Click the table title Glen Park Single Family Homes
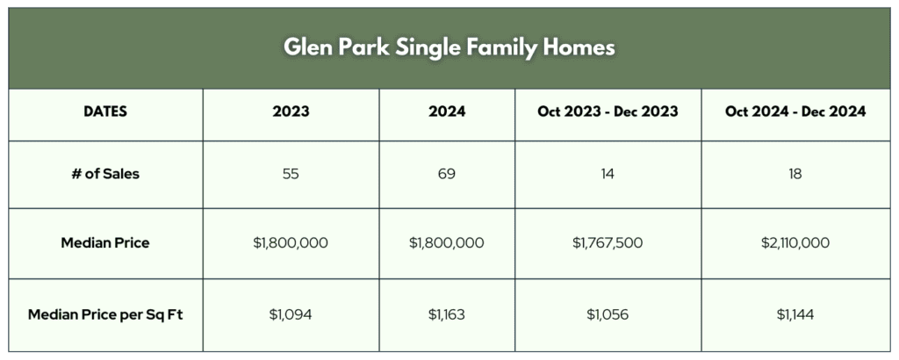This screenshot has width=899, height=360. [x=449, y=47]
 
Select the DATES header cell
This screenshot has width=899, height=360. [x=105, y=112]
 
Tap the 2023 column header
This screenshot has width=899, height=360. [x=291, y=112]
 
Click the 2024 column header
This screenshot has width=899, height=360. [x=447, y=112]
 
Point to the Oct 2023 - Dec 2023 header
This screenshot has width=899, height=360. [x=608, y=112]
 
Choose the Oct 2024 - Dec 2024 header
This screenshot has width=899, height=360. [x=795, y=112]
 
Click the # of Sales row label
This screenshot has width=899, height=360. [x=105, y=174]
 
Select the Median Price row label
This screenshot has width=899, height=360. [x=105, y=242]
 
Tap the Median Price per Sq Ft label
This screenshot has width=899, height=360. [x=105, y=314]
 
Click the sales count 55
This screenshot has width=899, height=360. [x=291, y=174]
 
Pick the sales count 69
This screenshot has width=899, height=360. [x=447, y=174]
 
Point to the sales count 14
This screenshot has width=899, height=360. [x=608, y=174]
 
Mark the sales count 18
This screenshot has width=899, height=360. [x=795, y=174]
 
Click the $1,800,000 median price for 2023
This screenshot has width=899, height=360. [x=291, y=243]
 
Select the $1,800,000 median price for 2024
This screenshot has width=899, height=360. [x=447, y=243]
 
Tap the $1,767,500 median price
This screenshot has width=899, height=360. [x=608, y=243]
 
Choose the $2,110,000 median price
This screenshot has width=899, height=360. [x=795, y=243]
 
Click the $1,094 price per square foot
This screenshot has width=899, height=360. [x=291, y=314]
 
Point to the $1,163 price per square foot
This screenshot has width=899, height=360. [x=447, y=314]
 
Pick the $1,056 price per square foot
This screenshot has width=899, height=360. [x=608, y=314]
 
